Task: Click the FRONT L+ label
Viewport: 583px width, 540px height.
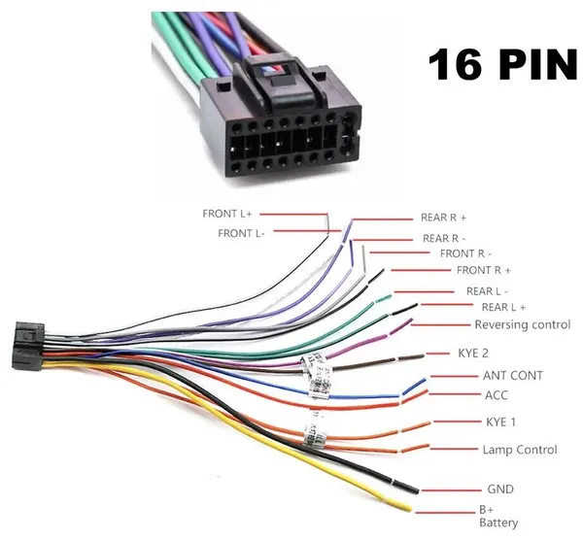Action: (x=227, y=214)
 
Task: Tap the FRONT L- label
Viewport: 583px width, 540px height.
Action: (x=241, y=233)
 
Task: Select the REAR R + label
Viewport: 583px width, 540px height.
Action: (x=443, y=218)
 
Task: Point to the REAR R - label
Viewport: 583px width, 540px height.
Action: (x=444, y=238)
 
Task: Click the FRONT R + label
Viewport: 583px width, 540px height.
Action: (x=484, y=270)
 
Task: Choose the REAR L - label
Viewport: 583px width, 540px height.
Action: (x=487, y=291)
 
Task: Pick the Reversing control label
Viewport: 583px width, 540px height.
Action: (x=523, y=324)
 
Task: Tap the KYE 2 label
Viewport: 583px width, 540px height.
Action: (x=473, y=354)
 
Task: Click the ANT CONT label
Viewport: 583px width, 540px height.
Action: (x=513, y=376)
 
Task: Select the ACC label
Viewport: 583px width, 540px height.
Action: (x=496, y=395)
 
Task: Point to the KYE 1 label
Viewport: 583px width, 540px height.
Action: (x=500, y=422)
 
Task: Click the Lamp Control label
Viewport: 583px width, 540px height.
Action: (x=520, y=450)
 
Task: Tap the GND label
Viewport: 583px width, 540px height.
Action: (x=500, y=489)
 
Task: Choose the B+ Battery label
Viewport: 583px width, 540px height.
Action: (x=498, y=517)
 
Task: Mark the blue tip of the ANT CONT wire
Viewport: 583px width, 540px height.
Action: (x=414, y=387)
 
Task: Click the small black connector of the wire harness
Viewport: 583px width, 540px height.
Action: (x=28, y=347)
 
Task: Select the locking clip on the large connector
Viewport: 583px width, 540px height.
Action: (x=283, y=81)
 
